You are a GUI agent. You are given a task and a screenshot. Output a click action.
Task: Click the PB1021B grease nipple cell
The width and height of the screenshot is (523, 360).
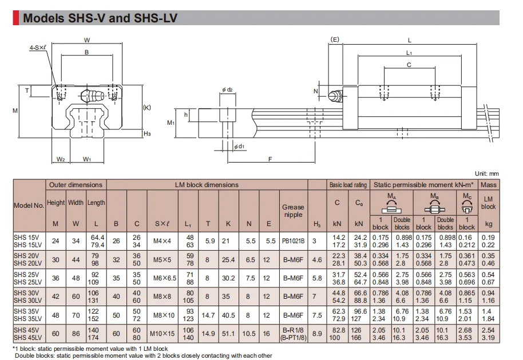coord(293,241)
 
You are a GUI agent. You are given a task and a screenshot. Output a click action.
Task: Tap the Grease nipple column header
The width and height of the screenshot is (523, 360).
coord(293,211)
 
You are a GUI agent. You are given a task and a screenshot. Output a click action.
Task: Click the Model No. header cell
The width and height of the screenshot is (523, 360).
coord(29,205)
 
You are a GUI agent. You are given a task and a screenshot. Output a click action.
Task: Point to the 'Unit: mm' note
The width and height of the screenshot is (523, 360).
coord(486,173)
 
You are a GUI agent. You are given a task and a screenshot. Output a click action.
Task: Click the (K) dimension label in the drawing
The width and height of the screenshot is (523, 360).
coord(146,108)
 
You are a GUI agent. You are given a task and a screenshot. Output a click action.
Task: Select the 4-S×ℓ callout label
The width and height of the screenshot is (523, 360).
coord(38,48)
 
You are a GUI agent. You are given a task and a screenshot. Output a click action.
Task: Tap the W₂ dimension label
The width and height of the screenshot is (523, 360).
coord(61,159)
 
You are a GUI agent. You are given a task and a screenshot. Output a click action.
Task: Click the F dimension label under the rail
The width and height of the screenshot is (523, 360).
coord(270,159)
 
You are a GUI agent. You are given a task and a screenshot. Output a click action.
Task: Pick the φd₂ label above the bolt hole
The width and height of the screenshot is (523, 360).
coord(228,89)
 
